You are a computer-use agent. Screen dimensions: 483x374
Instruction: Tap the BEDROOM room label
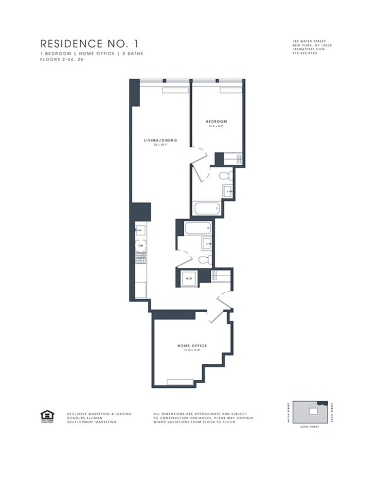point(216,121)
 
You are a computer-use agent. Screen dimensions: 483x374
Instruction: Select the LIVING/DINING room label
point(161,140)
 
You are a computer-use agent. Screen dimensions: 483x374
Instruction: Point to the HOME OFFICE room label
point(192,346)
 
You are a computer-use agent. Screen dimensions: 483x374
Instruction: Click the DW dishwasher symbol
point(141,246)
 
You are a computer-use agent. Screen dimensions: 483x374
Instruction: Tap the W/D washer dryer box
point(189,278)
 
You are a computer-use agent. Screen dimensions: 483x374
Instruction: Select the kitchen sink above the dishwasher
point(141,230)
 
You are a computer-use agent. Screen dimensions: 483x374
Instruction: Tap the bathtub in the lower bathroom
point(198,228)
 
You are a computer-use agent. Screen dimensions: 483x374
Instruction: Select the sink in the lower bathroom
point(206,244)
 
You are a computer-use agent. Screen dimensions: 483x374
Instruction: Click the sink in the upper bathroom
point(228,191)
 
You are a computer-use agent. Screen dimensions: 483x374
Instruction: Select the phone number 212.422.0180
point(304,53)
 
